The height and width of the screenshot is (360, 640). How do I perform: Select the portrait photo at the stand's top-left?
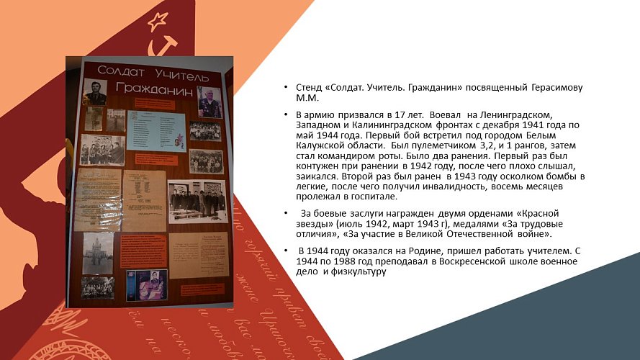click(95, 92)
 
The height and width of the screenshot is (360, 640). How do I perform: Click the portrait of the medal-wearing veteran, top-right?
click(209, 102)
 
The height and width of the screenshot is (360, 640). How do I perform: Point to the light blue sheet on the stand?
click(157, 130)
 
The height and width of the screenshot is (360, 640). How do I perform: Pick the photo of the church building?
click(98, 253)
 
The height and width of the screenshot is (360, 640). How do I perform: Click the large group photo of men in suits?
click(197, 201)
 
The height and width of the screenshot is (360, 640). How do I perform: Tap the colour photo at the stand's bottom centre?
click(147, 285)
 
